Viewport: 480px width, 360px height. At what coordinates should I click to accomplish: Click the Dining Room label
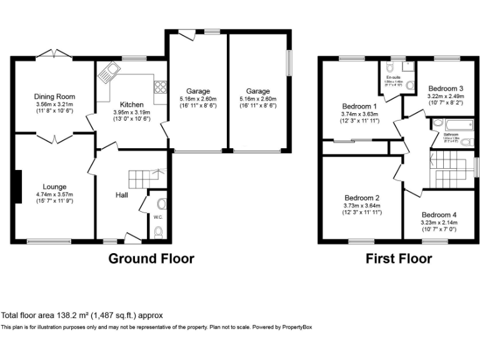[54, 97]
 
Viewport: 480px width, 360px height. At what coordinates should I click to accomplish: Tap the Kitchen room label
[132, 104]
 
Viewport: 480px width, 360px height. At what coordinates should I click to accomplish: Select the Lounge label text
[54, 186]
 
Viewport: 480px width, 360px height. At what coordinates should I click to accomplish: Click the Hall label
[122, 195]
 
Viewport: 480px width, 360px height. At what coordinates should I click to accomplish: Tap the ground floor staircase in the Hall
[147, 179]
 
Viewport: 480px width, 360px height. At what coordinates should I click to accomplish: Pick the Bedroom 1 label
[359, 106]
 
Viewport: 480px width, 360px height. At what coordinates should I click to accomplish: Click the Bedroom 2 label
[362, 197]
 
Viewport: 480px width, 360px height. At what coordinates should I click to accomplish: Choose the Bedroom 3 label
[445, 88]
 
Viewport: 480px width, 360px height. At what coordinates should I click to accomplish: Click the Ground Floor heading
[151, 259]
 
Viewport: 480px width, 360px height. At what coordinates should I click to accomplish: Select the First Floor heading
[399, 259]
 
